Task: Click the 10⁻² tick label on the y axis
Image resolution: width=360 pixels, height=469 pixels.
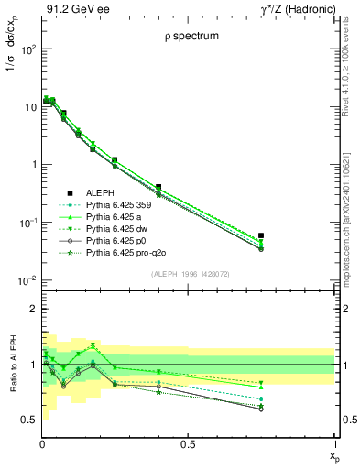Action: click(25, 280)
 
